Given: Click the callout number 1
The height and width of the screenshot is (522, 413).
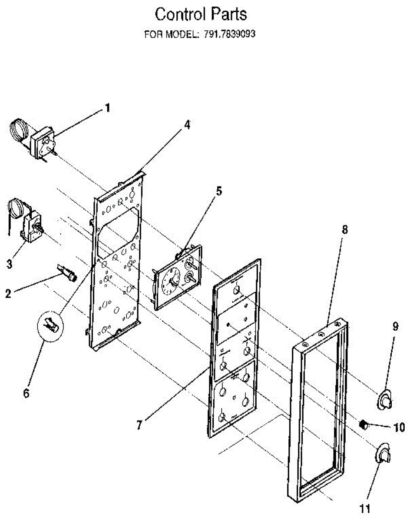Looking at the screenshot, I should click(107, 108).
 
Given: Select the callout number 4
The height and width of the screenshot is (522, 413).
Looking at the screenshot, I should click(187, 125).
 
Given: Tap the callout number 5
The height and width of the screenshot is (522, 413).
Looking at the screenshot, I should click(219, 191).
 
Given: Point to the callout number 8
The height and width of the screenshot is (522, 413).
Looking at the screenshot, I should click(344, 231).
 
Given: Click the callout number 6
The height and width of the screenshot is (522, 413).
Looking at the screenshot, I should click(26, 393).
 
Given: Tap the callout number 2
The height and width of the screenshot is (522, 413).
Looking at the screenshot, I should click(8, 293).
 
